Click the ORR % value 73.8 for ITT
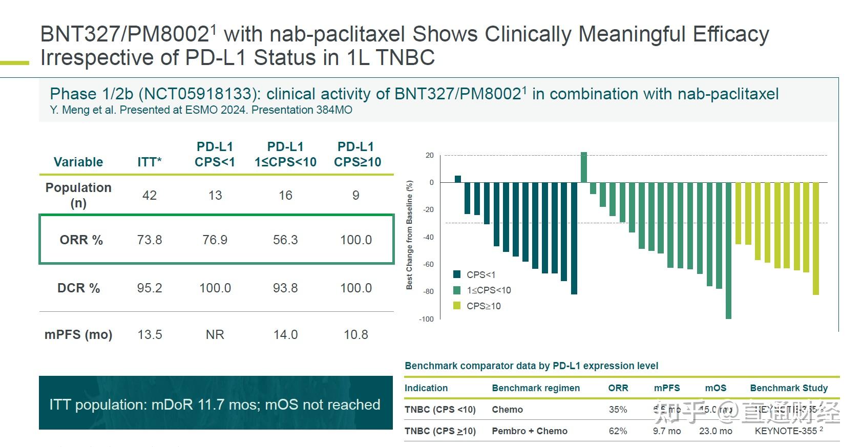click(x=150, y=240)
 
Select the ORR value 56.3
click(x=285, y=240)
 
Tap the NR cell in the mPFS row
click(x=215, y=334)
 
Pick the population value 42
click(x=150, y=195)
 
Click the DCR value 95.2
click(x=150, y=288)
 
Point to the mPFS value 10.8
click(x=356, y=334)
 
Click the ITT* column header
click(x=150, y=162)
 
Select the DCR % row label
click(x=78, y=288)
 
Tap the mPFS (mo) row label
click(x=78, y=334)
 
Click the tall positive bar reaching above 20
click(x=584, y=167)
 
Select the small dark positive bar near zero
click(x=458, y=179)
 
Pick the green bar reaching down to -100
click(x=728, y=250)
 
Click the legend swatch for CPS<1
click(x=457, y=274)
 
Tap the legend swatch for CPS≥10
click(x=457, y=306)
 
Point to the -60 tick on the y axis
click(x=428, y=264)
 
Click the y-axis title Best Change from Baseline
click(x=409, y=235)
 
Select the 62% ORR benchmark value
click(x=618, y=431)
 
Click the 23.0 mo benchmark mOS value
click(x=716, y=431)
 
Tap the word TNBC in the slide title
click(x=405, y=57)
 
